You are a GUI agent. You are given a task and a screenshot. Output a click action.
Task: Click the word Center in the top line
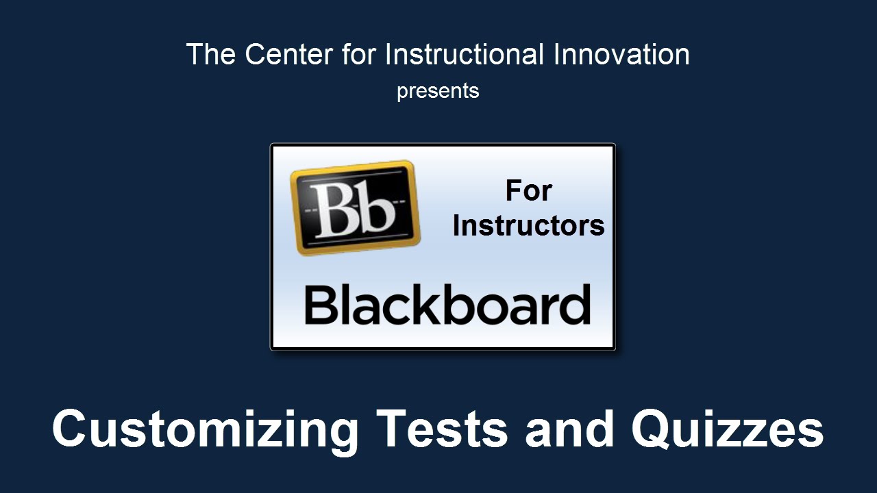[x=289, y=54]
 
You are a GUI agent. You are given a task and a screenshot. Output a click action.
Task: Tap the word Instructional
[x=465, y=54]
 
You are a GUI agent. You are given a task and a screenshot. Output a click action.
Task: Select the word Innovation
[x=621, y=54]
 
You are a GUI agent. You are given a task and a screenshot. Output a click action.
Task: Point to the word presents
[x=438, y=92]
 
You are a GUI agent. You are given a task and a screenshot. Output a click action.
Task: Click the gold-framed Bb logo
[x=355, y=207]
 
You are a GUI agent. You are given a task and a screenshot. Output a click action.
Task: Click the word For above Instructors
[x=528, y=191]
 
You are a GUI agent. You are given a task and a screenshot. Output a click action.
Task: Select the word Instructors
[x=528, y=226]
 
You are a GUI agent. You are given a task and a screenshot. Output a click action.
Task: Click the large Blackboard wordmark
[x=447, y=305]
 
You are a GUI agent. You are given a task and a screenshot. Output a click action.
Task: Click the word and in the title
[x=569, y=429]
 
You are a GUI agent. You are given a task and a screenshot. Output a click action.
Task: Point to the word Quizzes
[x=728, y=429]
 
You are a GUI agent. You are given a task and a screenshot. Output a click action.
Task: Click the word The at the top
[x=211, y=54]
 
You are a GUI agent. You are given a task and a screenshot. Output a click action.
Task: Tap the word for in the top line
[x=359, y=54]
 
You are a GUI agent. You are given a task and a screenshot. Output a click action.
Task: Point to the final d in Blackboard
[x=573, y=305]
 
